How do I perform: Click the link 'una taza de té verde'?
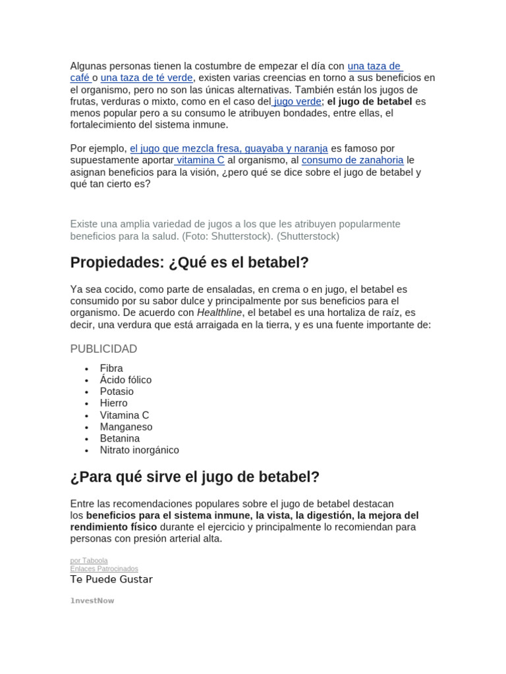146,78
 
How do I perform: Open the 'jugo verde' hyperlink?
297,101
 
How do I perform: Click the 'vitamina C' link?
200,160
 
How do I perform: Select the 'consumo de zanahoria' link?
352,160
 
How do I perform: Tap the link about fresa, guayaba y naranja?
229,149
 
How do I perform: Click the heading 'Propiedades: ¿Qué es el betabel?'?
189,263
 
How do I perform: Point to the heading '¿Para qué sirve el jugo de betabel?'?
194,477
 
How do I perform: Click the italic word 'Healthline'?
219,313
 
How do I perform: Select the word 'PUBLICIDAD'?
103,349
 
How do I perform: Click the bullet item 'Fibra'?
111,368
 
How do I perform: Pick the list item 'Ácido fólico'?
125,380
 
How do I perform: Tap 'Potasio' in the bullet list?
117,392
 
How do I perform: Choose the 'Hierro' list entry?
113,403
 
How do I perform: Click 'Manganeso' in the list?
126,427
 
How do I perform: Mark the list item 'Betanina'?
119,438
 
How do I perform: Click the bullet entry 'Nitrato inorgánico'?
139,450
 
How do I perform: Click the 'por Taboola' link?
88,561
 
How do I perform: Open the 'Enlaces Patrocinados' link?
104,569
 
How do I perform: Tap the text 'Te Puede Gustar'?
111,580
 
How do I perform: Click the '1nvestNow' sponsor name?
92,601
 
